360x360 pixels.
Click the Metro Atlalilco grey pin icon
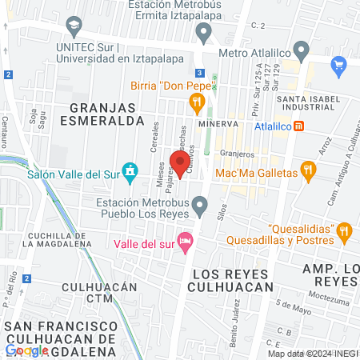pos(302,53)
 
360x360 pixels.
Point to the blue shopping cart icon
pos(338,63)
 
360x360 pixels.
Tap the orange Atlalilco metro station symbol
pos(298,126)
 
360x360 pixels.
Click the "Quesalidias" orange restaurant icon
pos(345,230)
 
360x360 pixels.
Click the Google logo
pos(26,350)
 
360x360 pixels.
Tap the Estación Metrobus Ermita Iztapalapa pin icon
pos(203,33)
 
